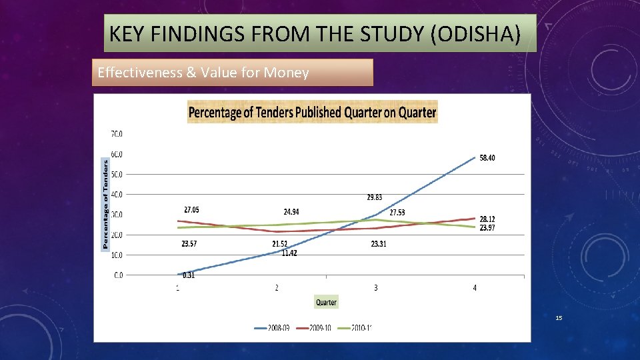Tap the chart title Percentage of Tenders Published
[x=312, y=112]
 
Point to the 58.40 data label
[x=487, y=157]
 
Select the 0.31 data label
[x=189, y=275]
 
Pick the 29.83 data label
[x=375, y=197]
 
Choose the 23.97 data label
[x=487, y=227]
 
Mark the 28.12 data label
[x=487, y=219]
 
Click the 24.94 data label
[x=291, y=212]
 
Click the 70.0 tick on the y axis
[x=116, y=133]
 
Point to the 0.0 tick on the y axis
[x=117, y=275]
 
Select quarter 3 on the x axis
[x=375, y=288]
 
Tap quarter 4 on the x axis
[x=475, y=288]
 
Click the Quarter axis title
[x=326, y=302]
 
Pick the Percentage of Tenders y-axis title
[x=105, y=204]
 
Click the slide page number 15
[x=559, y=319]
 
